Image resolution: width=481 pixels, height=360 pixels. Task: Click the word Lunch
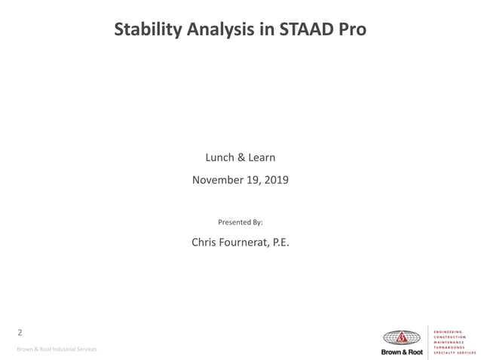click(x=220, y=157)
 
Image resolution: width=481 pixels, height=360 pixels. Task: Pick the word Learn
click(x=262, y=157)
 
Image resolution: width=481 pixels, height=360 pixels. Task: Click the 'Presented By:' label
click(x=240, y=222)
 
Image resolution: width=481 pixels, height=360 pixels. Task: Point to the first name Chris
click(x=206, y=243)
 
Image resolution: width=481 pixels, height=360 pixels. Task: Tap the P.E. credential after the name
click(x=279, y=243)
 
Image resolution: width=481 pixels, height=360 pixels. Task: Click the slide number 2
click(x=20, y=332)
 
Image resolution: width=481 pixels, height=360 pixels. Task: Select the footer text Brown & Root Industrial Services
click(x=57, y=349)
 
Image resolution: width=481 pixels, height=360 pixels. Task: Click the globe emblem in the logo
click(x=403, y=337)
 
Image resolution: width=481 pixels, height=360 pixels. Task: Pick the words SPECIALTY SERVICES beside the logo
click(x=456, y=352)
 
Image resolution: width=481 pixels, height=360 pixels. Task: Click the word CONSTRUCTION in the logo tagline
click(x=451, y=334)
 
